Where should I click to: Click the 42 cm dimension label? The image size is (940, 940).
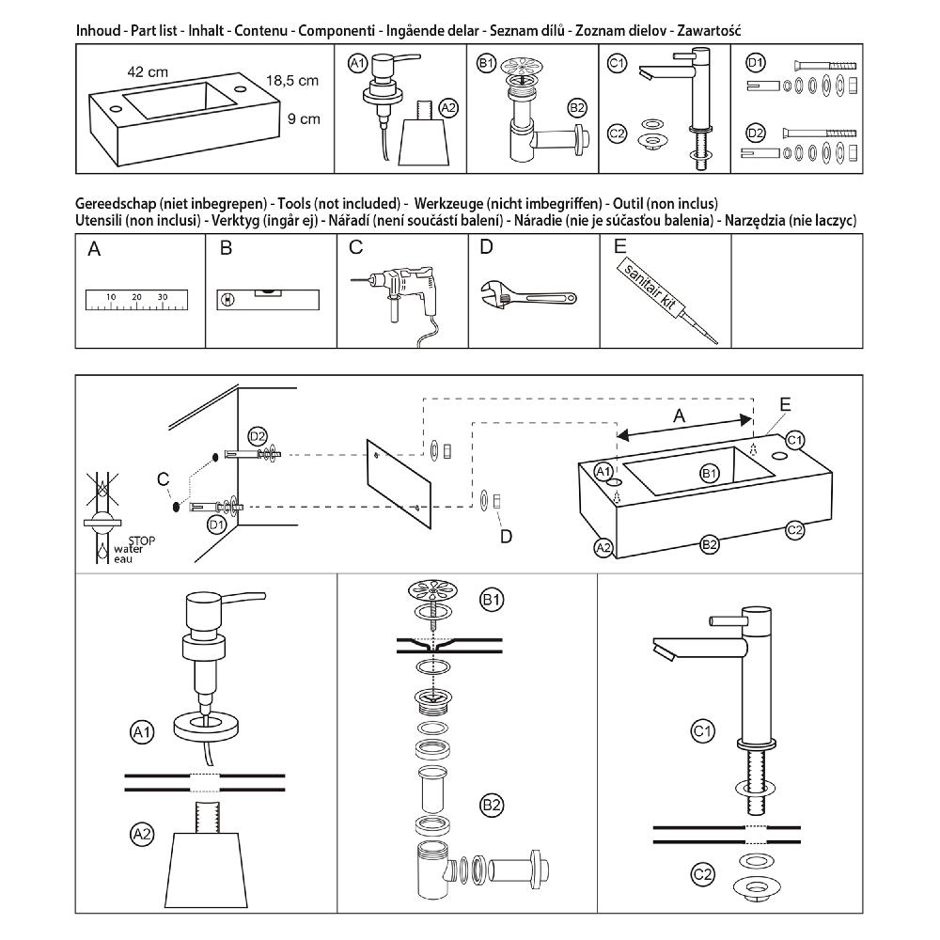click(x=149, y=70)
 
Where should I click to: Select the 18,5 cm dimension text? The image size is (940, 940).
click(x=291, y=81)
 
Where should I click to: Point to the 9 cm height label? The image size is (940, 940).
click(x=304, y=118)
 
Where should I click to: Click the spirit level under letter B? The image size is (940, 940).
click(x=268, y=298)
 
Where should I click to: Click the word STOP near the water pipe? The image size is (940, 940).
click(x=140, y=540)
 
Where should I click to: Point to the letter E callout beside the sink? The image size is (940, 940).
click(x=785, y=405)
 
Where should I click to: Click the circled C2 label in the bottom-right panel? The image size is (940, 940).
click(x=702, y=874)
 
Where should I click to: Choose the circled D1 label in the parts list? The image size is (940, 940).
click(x=755, y=64)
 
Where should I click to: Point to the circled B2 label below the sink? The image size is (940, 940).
click(x=710, y=543)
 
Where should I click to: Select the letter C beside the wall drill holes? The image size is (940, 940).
click(x=164, y=479)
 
